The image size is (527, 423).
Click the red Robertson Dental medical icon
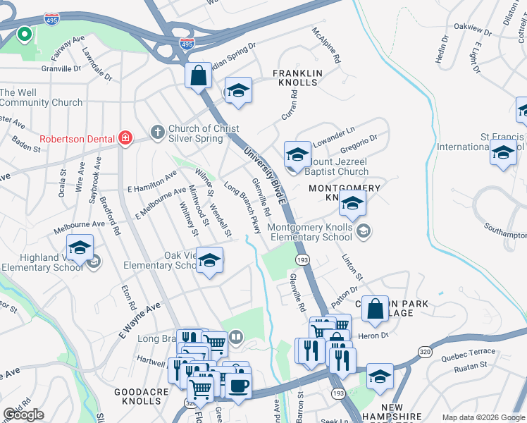coord(125,138)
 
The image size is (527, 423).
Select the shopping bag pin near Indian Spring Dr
coord(199,75)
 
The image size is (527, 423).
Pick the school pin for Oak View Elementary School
coord(209,261)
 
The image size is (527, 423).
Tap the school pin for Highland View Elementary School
coord(80,249)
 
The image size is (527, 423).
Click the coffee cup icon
coord(237,386)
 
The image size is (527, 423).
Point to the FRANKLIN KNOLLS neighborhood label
coord(297,78)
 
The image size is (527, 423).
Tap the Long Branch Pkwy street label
coord(242,208)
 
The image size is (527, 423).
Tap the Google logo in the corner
coord(23,415)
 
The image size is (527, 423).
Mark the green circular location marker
coord(23,33)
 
